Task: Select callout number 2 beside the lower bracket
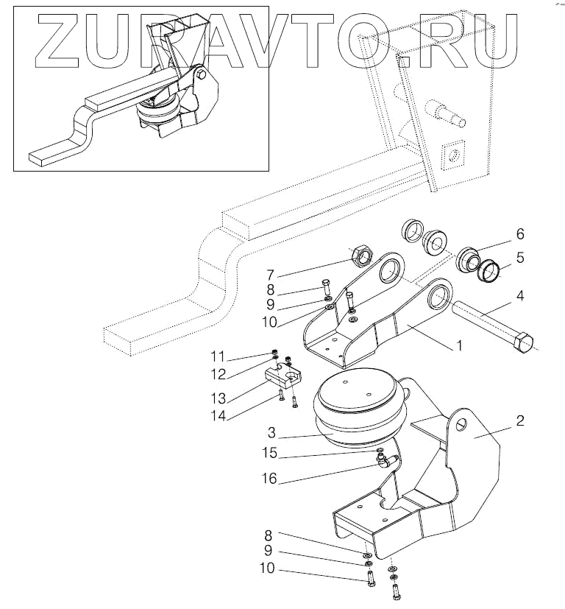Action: [519, 420]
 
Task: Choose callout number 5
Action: [519, 258]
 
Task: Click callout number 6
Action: [519, 234]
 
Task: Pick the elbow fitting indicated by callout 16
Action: [384, 462]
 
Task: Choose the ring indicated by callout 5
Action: [488, 268]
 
